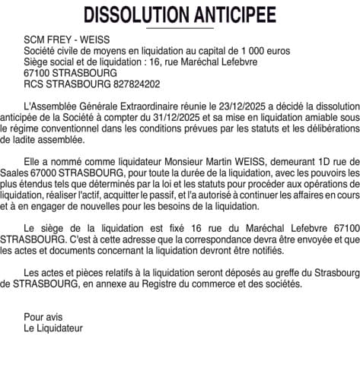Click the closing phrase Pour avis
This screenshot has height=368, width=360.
(43, 318)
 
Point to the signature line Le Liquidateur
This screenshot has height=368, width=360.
(53, 328)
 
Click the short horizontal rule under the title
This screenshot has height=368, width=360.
(180, 27)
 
